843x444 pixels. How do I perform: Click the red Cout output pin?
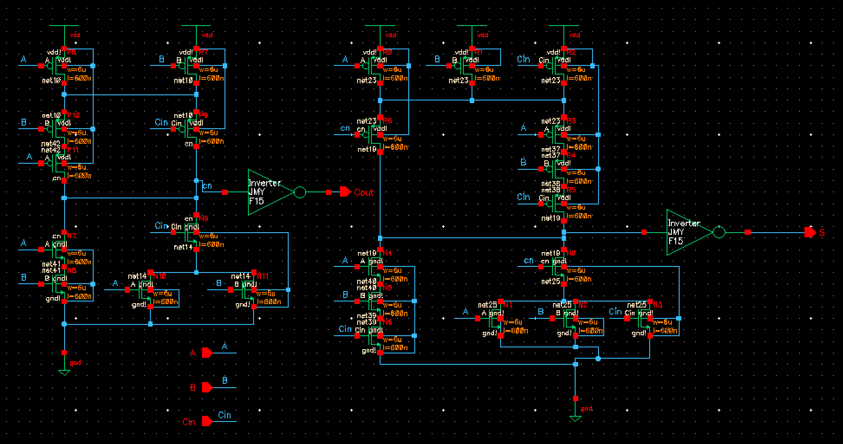tap(345, 192)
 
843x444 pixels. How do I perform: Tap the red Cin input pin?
tap(207, 421)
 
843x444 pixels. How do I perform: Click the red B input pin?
tap(207, 387)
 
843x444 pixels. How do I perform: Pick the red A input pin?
tap(207, 353)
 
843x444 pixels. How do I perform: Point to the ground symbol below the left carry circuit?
tap(64, 373)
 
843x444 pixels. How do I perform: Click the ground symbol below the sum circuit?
tap(575, 418)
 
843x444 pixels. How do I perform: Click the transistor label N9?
tap(203, 218)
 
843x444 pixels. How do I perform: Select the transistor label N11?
tap(263, 276)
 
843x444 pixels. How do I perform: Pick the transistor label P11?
tap(73, 149)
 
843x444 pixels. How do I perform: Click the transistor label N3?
tap(657, 305)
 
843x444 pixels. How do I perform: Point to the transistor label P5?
tap(571, 190)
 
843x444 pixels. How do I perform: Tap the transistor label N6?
tap(387, 322)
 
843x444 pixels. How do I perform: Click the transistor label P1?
tap(479, 52)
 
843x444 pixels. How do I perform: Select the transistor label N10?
tap(159, 276)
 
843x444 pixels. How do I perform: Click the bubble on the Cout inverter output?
tap(299, 192)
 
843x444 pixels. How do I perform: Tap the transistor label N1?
tap(508, 305)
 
